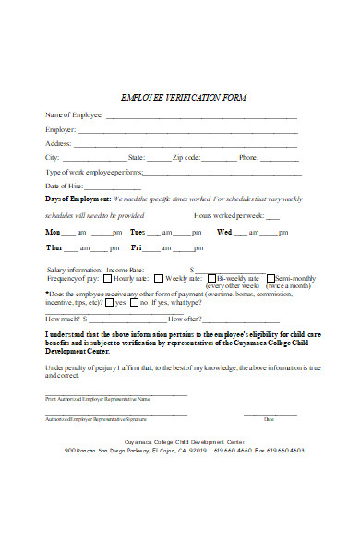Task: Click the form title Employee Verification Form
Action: (x=185, y=97)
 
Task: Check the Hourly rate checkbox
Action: (x=108, y=278)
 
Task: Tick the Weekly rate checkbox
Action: (x=159, y=278)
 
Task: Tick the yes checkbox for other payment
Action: (x=110, y=302)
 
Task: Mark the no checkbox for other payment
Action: (x=133, y=302)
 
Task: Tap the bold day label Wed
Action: (x=223, y=232)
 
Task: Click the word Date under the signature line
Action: (x=269, y=420)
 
